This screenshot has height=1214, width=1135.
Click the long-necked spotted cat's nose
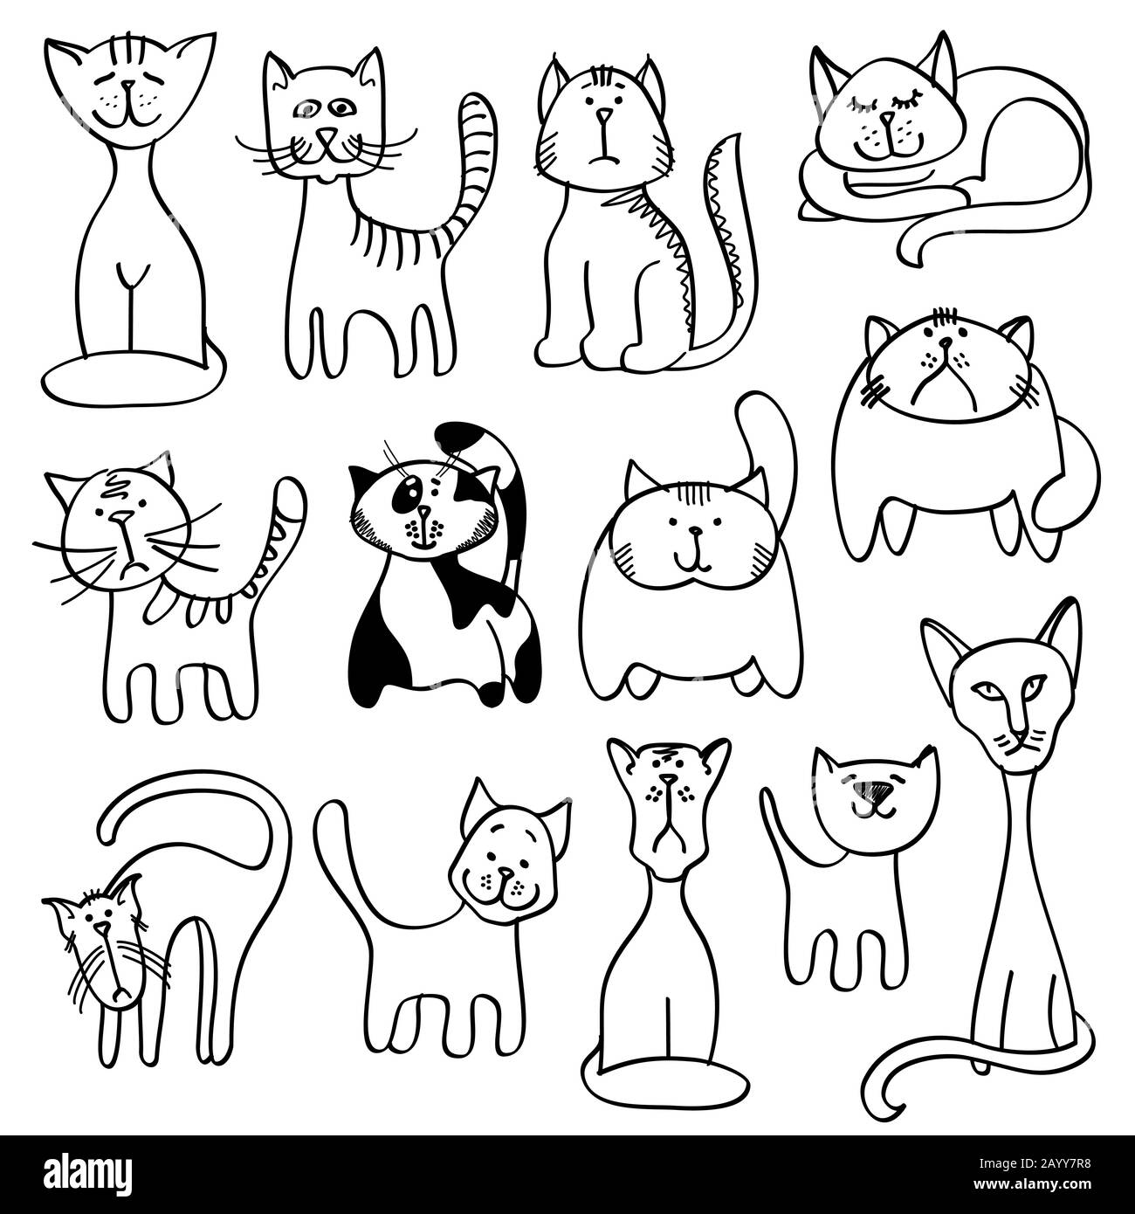point(668,779)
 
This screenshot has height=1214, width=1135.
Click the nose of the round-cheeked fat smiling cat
point(694,530)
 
